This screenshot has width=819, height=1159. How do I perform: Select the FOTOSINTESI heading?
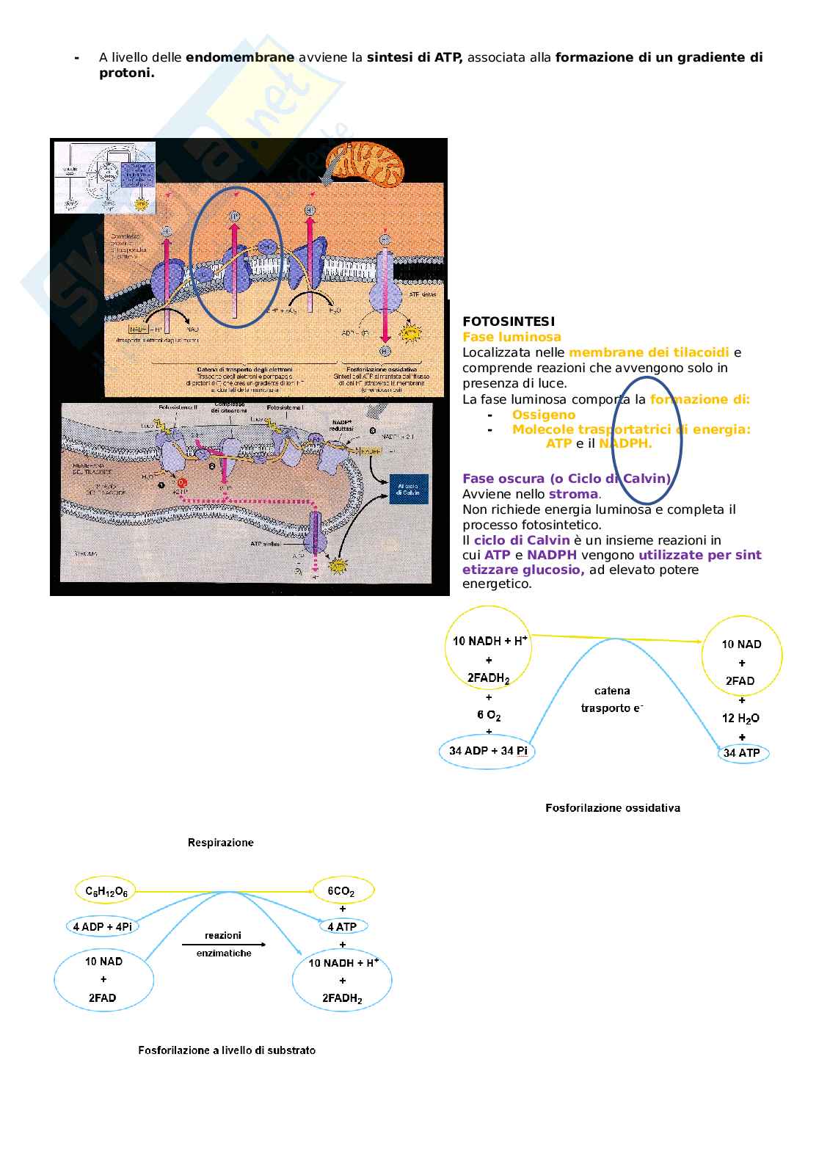[x=509, y=321]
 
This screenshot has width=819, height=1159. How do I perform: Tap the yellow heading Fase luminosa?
[x=512, y=337]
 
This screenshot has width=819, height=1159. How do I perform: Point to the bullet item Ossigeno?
[x=544, y=415]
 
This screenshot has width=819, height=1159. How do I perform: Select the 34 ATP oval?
[x=742, y=753]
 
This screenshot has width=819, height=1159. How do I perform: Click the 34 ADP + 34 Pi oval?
[x=487, y=751]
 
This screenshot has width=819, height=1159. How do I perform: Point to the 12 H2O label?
[x=740, y=718]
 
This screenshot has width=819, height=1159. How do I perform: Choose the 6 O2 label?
[x=489, y=715]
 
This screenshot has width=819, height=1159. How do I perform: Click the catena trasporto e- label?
[x=612, y=700]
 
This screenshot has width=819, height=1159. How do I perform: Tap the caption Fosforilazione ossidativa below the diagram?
[x=613, y=808]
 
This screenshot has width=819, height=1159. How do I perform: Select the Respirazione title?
[x=221, y=843]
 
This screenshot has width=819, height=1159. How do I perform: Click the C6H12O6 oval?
[x=106, y=892]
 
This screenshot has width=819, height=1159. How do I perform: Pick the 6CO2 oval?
[x=342, y=892]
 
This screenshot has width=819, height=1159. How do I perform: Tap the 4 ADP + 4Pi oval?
[x=103, y=926]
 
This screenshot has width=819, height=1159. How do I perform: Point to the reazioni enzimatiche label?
[x=223, y=944]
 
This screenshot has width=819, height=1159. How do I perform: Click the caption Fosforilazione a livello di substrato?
[x=227, y=1050]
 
